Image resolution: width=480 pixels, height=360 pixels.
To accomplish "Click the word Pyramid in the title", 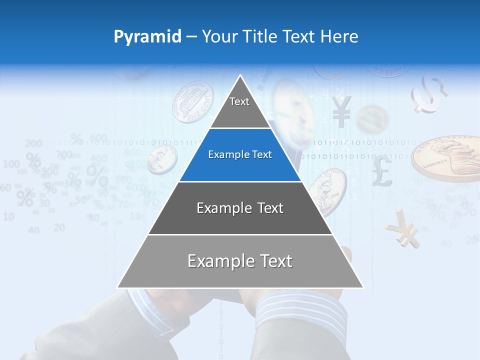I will (147, 37).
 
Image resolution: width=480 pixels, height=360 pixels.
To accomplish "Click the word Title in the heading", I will (261, 36).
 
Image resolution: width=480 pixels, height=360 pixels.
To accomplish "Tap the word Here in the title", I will (339, 36).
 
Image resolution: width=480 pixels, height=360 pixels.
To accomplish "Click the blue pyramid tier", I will (240, 155).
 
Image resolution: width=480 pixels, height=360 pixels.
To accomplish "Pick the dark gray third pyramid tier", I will (240, 208).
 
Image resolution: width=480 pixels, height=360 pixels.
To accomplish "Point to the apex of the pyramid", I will (240, 76).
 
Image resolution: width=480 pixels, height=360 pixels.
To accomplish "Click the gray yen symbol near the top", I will (341, 111).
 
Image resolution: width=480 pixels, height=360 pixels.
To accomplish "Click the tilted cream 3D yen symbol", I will (403, 229).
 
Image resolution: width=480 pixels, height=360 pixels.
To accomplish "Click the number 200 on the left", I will (33, 144).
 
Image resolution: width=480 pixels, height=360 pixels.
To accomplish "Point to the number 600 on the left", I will (98, 137).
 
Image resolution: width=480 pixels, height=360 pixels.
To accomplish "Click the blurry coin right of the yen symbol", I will (372, 119).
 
